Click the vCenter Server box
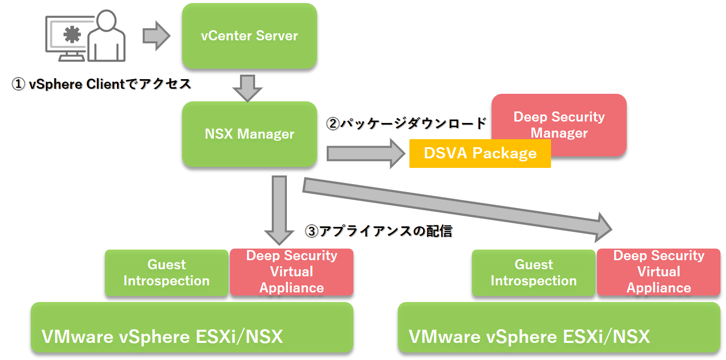[249, 36]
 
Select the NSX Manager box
[249, 134]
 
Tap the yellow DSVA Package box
[479, 153]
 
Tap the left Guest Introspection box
[166, 273]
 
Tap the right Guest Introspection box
[533, 273]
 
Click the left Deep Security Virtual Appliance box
[291, 272]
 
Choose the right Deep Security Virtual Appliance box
[658, 272]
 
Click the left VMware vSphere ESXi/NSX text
[162, 336]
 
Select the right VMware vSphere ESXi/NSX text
[529, 336]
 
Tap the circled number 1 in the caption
[18, 84]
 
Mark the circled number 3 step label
[312, 231]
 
